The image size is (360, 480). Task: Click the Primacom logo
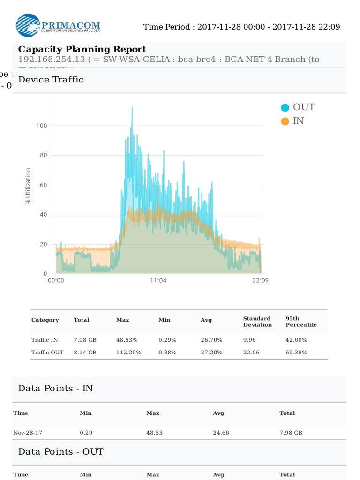coord(57,25)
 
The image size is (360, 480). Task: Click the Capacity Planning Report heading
coord(82,49)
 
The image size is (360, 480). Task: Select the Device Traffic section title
coord(51,80)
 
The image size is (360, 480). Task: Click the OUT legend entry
coord(303,107)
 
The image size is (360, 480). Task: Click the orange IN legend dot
coord(285,121)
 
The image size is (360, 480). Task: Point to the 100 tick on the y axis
coord(42,126)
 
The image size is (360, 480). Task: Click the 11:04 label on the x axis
coord(158,280)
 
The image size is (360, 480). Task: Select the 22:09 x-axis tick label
coord(261,280)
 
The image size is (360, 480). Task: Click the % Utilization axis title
coord(28,186)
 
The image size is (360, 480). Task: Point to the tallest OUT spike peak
coord(132,108)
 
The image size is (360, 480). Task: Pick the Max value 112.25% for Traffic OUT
coord(128,352)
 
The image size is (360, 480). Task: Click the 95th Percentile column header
coord(301,322)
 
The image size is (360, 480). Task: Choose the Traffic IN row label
coord(45,339)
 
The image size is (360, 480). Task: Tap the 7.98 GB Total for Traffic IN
coord(85,339)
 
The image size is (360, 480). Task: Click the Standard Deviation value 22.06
coord(251,352)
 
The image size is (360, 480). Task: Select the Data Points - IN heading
coord(55,388)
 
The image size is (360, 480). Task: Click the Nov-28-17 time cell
coord(28,432)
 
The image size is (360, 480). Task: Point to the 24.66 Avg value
coord(221,432)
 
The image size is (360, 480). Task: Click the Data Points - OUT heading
coord(60,451)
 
